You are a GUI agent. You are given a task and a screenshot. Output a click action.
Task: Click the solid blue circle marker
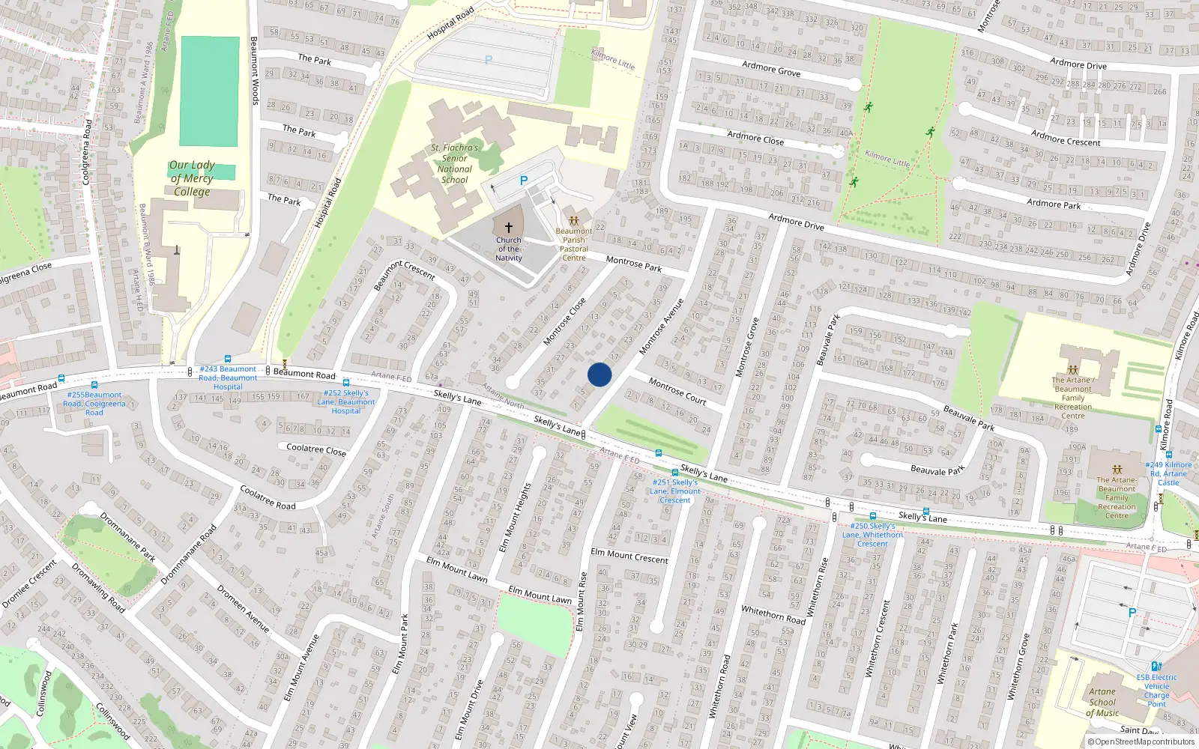click(599, 374)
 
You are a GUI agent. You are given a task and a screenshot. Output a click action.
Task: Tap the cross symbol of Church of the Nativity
click(509, 228)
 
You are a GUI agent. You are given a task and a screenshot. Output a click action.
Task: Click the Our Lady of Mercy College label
click(192, 178)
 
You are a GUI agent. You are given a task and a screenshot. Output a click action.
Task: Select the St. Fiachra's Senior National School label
click(455, 164)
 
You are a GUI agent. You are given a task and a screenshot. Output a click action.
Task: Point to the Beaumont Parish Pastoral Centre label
click(574, 244)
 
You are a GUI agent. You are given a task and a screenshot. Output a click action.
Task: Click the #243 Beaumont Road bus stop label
click(228, 377)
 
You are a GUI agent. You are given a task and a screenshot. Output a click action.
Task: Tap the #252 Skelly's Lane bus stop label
click(345, 401)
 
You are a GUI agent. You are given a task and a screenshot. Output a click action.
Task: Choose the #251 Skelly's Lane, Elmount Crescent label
click(675, 491)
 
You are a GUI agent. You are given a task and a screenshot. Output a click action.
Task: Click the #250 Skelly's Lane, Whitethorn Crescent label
click(872, 535)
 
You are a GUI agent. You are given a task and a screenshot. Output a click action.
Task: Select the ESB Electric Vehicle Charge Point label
click(1156, 691)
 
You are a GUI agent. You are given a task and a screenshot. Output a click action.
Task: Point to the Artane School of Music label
click(1102, 703)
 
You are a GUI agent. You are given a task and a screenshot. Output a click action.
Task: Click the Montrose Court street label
click(677, 391)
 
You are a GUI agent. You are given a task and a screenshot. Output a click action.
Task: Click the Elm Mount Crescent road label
click(629, 556)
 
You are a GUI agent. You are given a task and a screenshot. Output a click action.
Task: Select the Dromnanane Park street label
click(127, 537)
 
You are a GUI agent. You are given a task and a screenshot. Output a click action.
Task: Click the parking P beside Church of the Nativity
click(524, 181)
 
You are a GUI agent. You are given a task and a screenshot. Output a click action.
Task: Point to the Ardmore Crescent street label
click(1066, 138)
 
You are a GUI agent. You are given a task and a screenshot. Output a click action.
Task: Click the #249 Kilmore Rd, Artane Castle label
click(1168, 473)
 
